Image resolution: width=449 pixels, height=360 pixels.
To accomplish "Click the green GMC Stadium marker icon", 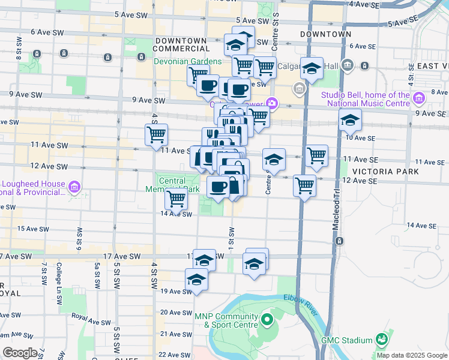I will coord(380,340).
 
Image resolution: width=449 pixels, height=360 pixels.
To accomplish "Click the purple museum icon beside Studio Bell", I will coord(419,97).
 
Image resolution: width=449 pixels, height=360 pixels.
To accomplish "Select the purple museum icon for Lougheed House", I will coord(75,187).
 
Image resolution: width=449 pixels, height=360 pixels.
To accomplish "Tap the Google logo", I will coord(20,353).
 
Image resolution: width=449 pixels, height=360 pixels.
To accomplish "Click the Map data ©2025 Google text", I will coord(411,355).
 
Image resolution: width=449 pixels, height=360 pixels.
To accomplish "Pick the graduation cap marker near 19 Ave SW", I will coord(196,280).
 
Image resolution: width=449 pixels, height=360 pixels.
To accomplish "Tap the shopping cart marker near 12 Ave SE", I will coord(305,185).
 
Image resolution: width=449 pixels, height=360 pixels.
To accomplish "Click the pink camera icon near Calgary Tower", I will coord(273,104).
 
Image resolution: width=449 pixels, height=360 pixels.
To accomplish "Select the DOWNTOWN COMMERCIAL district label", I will coord(182,44).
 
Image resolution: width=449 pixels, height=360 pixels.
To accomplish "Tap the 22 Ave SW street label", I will coord(174,356).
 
